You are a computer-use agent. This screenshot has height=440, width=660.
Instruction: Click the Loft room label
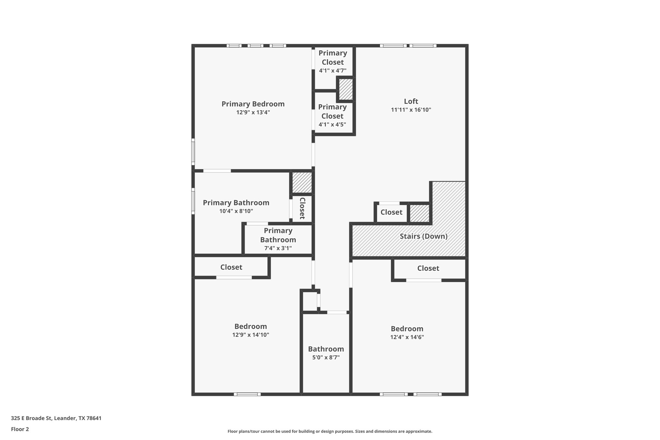coord(411,101)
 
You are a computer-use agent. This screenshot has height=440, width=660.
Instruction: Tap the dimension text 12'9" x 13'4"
coord(253,112)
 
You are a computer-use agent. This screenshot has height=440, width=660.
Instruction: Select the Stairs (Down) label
coord(423,236)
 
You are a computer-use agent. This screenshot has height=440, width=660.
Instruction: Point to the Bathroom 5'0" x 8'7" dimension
coord(326,357)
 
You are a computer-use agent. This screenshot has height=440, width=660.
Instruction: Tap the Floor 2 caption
coord(20,429)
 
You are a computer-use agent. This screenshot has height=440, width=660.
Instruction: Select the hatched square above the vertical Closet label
coord(302,182)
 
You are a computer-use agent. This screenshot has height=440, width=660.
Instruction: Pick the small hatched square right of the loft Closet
coord(419,213)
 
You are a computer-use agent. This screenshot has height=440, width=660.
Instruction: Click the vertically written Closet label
coord(302,208)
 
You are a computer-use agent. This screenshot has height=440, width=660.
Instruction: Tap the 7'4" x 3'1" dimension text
coord(278,248)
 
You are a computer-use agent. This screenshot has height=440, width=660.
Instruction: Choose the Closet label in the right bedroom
coord(428,268)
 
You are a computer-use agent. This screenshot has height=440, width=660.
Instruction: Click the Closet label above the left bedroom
coord(231,267)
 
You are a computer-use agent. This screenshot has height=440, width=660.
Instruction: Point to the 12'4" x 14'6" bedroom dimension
coord(407,337)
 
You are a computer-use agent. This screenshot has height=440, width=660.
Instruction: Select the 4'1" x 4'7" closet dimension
coord(333,71)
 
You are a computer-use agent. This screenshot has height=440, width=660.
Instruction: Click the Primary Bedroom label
coord(253,104)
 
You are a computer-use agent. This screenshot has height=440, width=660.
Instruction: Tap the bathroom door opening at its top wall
coord(337,312)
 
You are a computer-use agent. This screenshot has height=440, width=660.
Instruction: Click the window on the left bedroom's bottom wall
coord(247,394)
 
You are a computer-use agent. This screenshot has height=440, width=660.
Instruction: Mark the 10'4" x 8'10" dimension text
coord(236,211)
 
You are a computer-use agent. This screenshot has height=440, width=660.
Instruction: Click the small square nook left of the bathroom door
coord(310,301)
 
